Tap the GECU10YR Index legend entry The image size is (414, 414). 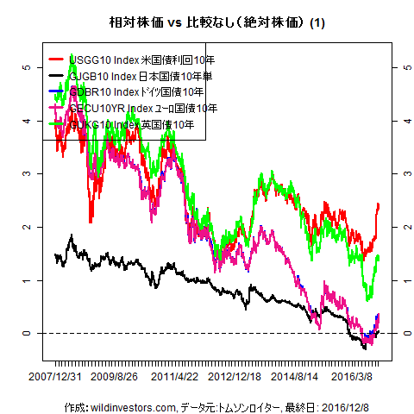point(135,108)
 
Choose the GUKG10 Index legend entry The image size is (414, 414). point(129,124)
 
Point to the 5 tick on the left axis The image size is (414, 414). point(28,66)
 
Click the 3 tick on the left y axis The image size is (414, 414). point(28,173)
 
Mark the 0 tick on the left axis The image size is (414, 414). point(28,333)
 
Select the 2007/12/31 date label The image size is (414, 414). point(56,378)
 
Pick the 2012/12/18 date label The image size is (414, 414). point(235,378)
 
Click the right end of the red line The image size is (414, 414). point(379,204)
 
